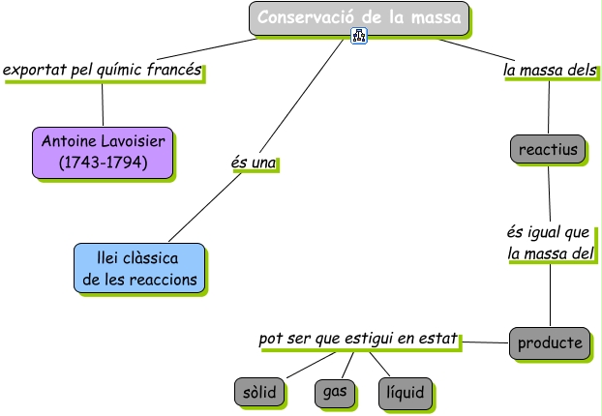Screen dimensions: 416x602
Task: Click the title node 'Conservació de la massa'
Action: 359,16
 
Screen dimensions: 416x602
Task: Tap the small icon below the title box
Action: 360,38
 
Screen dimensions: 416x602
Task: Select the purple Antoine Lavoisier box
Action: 103,153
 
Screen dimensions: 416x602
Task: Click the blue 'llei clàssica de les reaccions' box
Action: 139,269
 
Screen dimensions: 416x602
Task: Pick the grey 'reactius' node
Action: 547,150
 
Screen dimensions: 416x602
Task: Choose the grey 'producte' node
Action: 550,342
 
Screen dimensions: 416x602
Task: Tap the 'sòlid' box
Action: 259,392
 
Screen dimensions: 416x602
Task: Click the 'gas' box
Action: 335,392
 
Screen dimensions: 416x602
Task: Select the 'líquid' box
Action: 406,393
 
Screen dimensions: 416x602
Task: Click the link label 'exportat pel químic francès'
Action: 103,71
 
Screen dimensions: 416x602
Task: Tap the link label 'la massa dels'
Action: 549,71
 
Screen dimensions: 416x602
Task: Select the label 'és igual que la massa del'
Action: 549,244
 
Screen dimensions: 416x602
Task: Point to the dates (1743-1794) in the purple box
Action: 103,163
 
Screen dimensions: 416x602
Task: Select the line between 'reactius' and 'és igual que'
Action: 549,193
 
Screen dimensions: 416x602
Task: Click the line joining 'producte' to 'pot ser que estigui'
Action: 485,342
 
